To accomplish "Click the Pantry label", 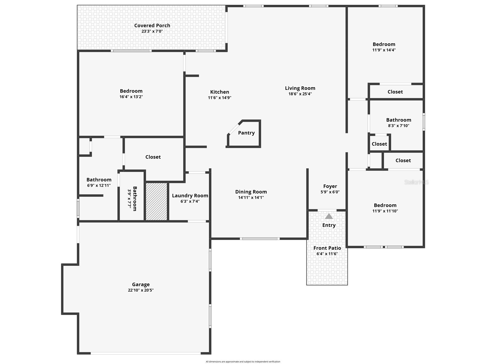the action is click(x=246, y=133).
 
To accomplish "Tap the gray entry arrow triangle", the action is click(x=329, y=216).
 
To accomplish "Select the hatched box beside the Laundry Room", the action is click(x=156, y=201).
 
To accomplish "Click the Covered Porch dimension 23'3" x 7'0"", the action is click(x=152, y=31).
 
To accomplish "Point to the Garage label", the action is click(x=141, y=284).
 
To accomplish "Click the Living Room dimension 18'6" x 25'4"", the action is click(x=300, y=94).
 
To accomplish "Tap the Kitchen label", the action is click(x=220, y=92).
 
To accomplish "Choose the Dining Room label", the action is click(x=251, y=192).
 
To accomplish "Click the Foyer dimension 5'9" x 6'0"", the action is click(x=330, y=192).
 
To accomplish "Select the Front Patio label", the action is click(x=327, y=248).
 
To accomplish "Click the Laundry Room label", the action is click(x=190, y=196).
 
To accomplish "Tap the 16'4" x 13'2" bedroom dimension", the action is click(x=131, y=97).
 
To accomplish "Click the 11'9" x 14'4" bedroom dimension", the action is click(x=384, y=50).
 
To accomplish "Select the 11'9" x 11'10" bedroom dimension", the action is click(x=385, y=211).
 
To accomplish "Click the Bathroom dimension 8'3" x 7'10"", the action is click(x=399, y=126).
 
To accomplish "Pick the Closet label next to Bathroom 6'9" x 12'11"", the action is click(x=153, y=157).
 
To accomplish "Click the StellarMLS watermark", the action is click(x=416, y=182).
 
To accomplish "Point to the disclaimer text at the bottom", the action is click(x=243, y=362).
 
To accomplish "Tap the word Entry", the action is click(x=329, y=225).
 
